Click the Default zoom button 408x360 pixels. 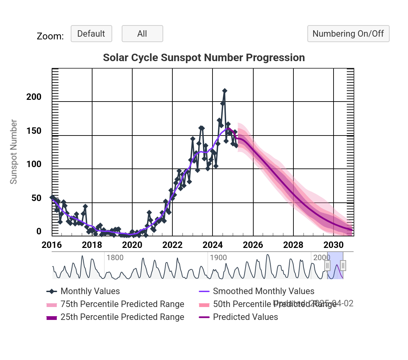coord(91,34)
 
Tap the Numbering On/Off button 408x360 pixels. coord(348,34)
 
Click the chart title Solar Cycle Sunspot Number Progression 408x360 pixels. coord(204,58)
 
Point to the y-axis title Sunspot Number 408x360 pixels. coord(14,152)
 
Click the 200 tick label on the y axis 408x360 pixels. coord(34,97)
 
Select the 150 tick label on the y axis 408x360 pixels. coord(34,131)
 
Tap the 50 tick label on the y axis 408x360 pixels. coord(36,198)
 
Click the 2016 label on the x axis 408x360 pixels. coord(52,245)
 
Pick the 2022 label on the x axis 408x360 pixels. coord(172,245)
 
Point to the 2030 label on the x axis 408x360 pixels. coord(334,245)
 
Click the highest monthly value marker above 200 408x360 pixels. coord(224,91)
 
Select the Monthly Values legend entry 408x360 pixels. coord(90,291)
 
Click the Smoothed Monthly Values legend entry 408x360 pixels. coord(263,291)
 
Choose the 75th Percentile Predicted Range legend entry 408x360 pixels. coord(122,304)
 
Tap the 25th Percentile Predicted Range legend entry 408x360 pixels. coord(122,317)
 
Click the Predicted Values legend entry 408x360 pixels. coord(245,317)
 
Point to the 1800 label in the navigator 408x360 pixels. coord(115,257)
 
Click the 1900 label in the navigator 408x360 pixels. coord(218,257)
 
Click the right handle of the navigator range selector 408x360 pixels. coord(343,265)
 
